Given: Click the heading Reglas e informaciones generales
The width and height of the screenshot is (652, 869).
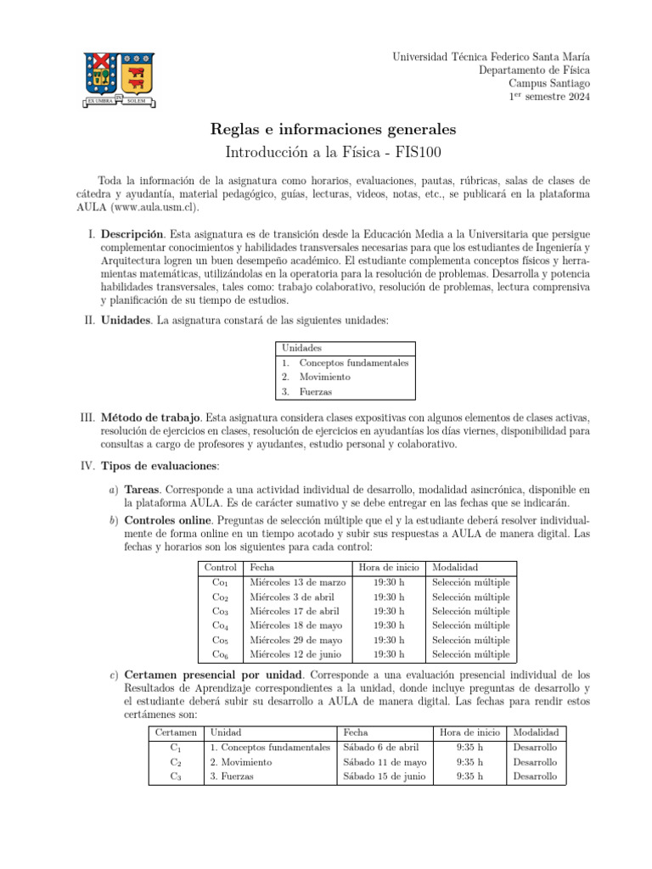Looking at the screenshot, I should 333,129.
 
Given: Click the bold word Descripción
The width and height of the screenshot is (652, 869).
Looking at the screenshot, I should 132,233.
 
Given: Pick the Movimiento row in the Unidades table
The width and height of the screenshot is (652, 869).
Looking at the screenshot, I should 324,377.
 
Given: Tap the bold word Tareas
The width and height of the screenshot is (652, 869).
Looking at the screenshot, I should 142,491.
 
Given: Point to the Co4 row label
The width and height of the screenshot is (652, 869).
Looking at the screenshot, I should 220,625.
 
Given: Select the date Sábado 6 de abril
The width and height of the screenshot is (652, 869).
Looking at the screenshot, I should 381,748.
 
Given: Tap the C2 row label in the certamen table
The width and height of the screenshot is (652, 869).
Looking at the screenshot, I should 176,762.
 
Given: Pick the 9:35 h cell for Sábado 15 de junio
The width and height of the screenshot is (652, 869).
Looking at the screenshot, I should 469,776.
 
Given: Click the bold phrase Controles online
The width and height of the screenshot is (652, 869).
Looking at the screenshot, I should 166,519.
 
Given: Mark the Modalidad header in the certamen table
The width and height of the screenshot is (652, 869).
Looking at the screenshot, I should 536,732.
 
